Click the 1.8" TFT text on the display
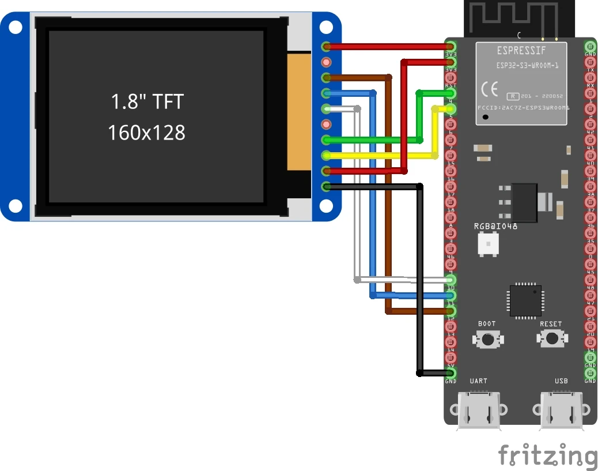pos(147,101)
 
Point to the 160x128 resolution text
pos(147,133)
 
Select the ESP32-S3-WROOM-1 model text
pos(527,66)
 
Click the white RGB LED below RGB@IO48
pos(488,245)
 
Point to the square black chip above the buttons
pos(524,301)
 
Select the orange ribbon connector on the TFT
pos(299,111)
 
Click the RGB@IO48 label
pos(495,227)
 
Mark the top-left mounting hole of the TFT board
pos(16,26)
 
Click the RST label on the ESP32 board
pos(451,86)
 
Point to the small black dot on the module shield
pos(486,118)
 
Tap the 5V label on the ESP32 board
pos(451,366)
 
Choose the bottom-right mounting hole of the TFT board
pos(326,206)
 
